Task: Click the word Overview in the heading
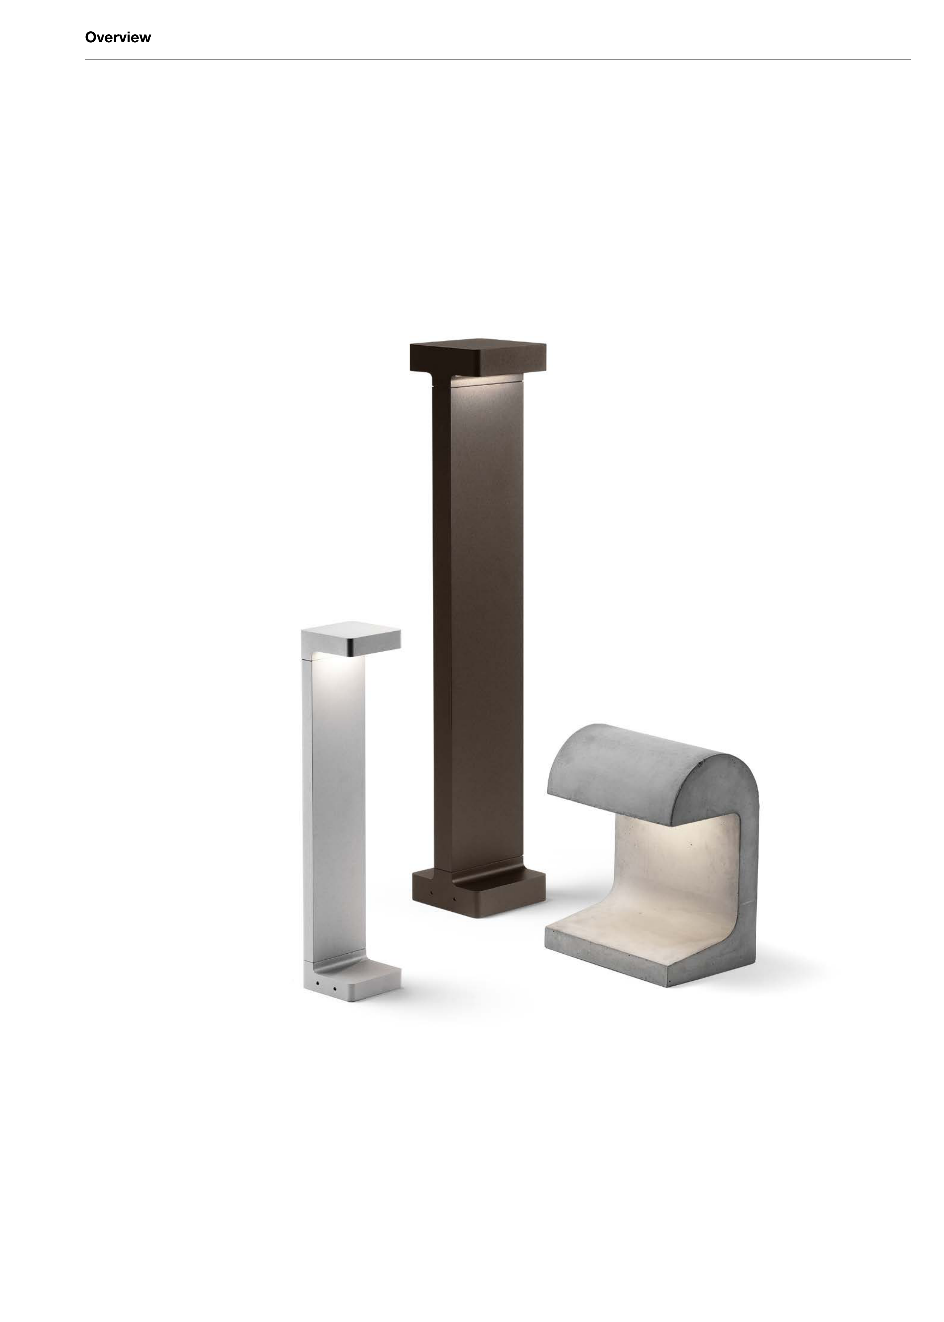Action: [x=118, y=37]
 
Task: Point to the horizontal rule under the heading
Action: [x=498, y=59]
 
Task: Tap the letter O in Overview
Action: [x=91, y=37]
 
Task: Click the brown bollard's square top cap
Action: [x=478, y=358]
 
